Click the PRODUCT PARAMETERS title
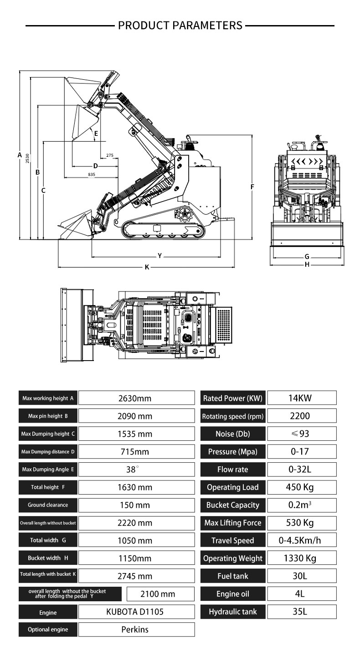(180, 25)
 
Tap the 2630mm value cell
(135, 398)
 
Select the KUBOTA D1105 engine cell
(135, 612)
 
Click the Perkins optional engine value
(135, 630)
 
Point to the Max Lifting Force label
(233, 523)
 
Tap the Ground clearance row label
(48, 505)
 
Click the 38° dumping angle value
(135, 470)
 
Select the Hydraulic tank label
(233, 612)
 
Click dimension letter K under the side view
(147, 267)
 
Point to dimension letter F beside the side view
(252, 187)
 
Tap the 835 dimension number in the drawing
(92, 175)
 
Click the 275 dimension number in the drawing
(110, 155)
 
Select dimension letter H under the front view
(307, 264)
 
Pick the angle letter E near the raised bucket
(96, 133)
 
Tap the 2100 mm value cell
(158, 594)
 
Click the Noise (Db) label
(233, 434)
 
